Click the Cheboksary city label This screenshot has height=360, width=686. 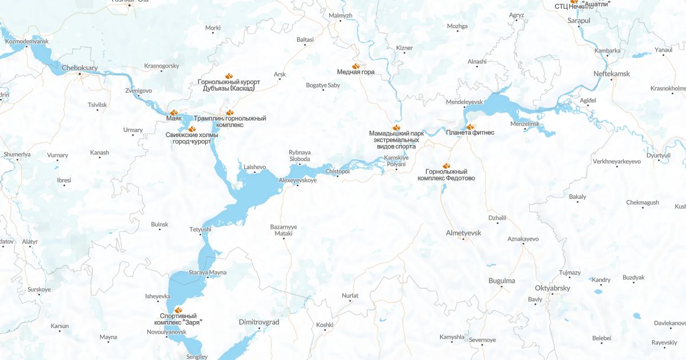pos(79,67)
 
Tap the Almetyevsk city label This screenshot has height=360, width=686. pos(464,233)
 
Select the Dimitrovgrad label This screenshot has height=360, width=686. pos(258,322)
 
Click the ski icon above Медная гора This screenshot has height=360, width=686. pos(356,66)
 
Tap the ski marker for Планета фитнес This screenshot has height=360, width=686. pos(470,127)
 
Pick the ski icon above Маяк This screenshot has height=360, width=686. pos(173,113)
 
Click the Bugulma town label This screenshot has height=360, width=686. pos(502,281)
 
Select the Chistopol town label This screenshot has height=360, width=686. pos(337,171)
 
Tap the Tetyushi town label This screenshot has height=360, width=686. pos(200,229)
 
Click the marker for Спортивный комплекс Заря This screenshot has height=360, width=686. pos(170,310)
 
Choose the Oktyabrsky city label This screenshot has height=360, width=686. pos(552,288)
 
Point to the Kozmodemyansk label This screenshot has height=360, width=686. pos(27,42)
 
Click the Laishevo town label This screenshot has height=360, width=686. pos(255,167)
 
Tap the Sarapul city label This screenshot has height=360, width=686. pos(579,20)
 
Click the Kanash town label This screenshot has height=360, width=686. pos(99,153)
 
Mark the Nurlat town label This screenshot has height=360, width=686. pos(350,295)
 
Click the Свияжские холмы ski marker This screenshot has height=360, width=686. pos(192,129)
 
